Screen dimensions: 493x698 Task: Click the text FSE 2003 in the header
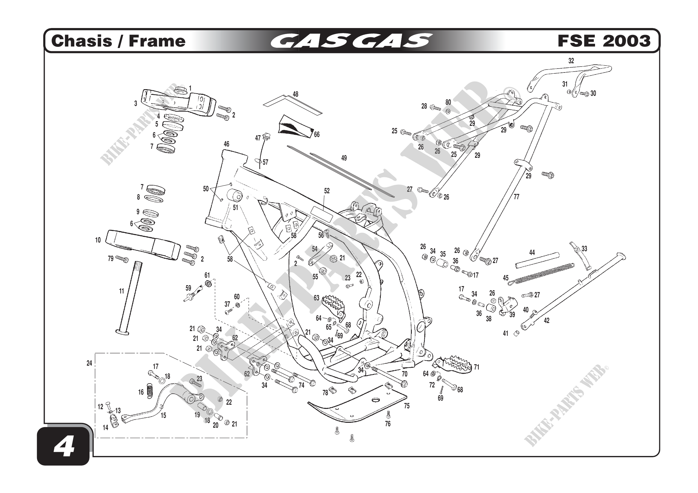pos(604,41)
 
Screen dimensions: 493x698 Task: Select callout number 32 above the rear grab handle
pos(571,61)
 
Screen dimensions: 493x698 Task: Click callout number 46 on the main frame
pos(226,144)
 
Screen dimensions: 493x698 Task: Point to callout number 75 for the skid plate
pos(407,406)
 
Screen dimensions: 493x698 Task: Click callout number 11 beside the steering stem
pos(121,291)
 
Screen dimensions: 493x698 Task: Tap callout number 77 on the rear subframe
pos(517,197)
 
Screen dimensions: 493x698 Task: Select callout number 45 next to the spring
pos(506,278)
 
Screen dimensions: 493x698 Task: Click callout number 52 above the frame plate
pos(327,191)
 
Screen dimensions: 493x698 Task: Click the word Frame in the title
pos(157,41)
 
